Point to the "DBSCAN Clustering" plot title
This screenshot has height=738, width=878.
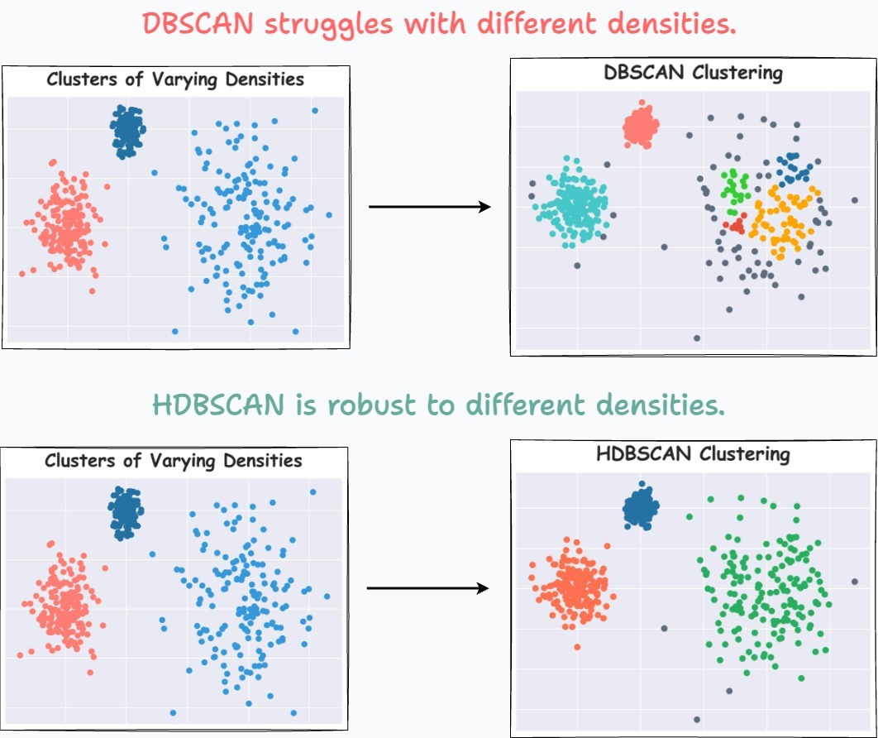[693, 73]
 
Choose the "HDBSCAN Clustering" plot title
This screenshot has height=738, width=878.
[693, 454]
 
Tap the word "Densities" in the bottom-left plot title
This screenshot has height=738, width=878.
[263, 460]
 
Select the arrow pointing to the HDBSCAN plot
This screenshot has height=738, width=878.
[427, 588]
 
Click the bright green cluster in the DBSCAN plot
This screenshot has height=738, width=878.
[733, 185]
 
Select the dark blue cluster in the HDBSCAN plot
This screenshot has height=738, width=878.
[641, 508]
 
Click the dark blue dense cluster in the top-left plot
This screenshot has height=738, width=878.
[127, 130]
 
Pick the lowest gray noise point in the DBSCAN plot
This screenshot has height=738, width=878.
[697, 338]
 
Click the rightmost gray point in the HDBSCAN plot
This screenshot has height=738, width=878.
[854, 582]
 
